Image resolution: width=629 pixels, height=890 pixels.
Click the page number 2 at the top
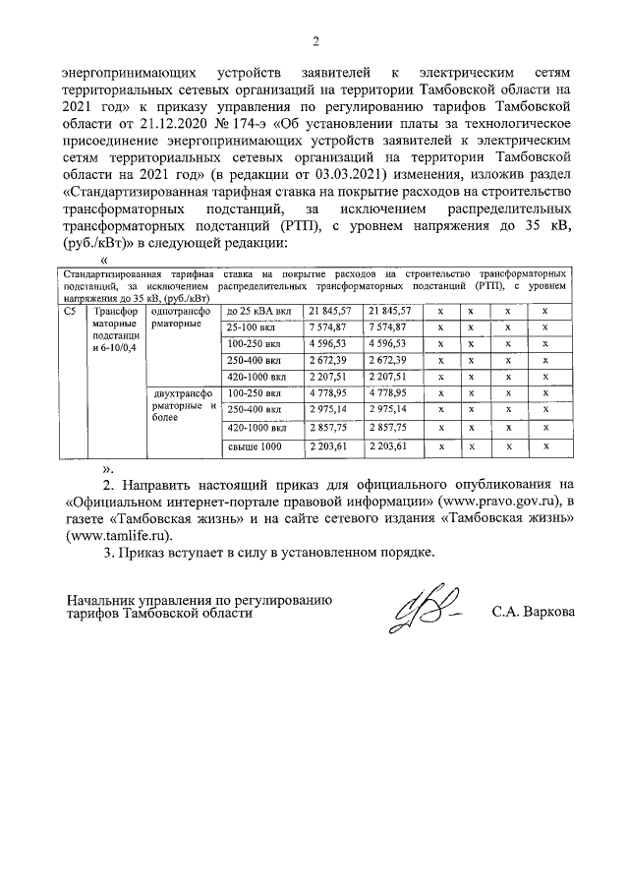[x=315, y=41]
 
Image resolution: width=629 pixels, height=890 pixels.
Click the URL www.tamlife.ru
[x=118, y=536]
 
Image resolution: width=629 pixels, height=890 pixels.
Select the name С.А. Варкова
[x=534, y=612]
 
